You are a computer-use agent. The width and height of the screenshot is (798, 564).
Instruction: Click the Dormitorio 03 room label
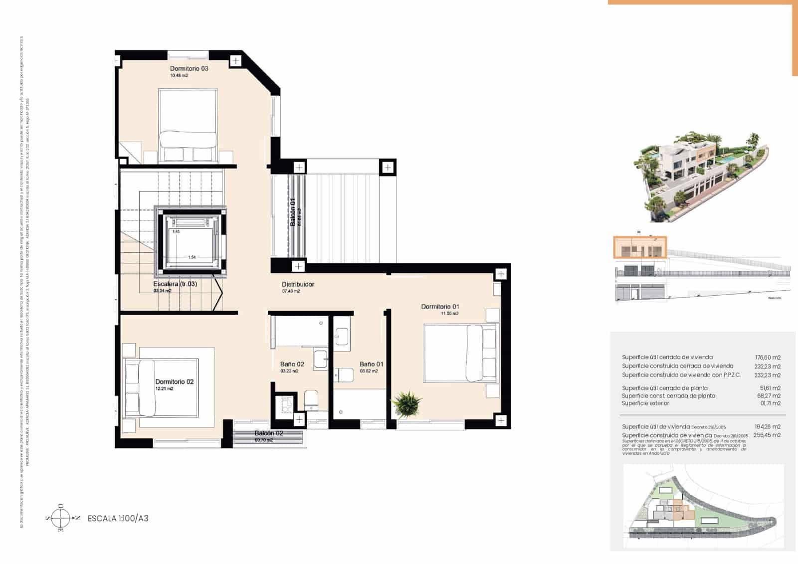(189, 68)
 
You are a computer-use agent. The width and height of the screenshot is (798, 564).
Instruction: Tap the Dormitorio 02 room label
(174, 381)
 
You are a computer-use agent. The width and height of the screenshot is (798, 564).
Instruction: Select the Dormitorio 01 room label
(440, 307)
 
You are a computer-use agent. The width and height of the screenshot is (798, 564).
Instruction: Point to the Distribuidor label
(298, 284)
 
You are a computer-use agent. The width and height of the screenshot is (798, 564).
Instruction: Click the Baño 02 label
(292, 364)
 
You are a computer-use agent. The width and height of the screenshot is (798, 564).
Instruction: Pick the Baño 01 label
(371, 364)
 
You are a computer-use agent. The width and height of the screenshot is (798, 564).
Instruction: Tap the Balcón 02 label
(269, 433)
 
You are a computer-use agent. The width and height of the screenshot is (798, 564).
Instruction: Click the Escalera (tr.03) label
(175, 284)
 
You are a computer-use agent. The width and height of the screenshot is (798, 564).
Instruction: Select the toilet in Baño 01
(344, 374)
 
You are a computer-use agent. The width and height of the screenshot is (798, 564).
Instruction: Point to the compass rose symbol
(61, 518)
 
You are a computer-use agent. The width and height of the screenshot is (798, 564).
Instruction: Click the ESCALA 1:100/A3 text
(118, 518)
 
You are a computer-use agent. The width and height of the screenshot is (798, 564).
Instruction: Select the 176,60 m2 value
(768, 357)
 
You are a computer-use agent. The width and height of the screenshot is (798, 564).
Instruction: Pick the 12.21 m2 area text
(164, 388)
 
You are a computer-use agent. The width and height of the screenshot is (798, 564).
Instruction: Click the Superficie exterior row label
(645, 403)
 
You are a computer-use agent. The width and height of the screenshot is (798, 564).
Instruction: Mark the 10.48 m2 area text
(179, 75)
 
